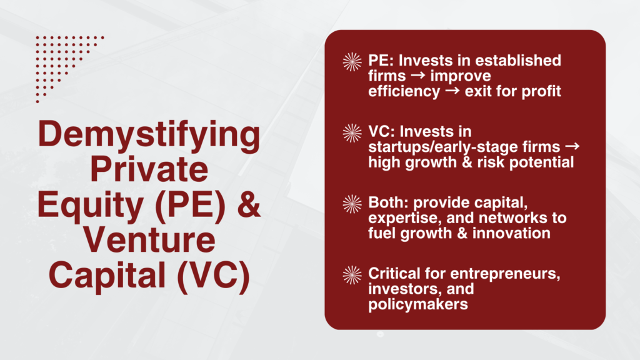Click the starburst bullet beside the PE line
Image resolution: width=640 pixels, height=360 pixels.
[352, 62]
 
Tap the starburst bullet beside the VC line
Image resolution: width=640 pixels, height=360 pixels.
[352, 132]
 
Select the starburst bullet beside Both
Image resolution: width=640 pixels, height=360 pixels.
[352, 204]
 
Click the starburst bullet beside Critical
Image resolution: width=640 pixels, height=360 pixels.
[352, 274]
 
